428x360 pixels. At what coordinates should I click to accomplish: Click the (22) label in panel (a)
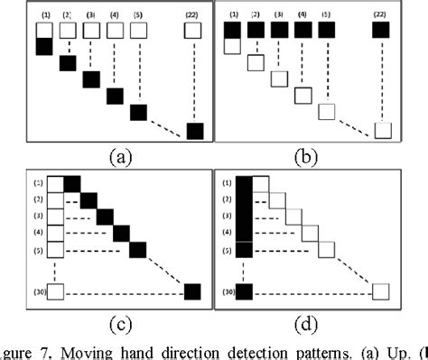[192, 14]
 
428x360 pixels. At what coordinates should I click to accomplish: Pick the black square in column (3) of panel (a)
[91, 79]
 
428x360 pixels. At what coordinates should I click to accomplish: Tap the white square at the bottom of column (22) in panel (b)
[383, 132]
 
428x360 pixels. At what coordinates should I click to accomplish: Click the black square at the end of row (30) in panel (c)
[192, 291]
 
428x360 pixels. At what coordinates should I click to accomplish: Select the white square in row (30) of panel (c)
[55, 291]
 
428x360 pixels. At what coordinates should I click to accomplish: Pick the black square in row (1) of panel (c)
[72, 184]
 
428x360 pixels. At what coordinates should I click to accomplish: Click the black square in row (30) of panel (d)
[245, 291]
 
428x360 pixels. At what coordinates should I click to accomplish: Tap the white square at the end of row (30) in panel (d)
[382, 291]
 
